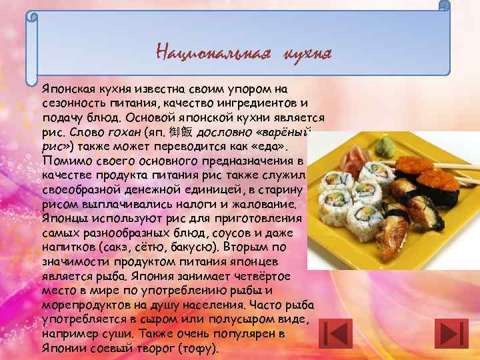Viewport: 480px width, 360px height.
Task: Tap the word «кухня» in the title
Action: click(x=307, y=52)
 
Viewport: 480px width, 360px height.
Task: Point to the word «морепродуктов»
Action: click(x=86, y=305)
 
